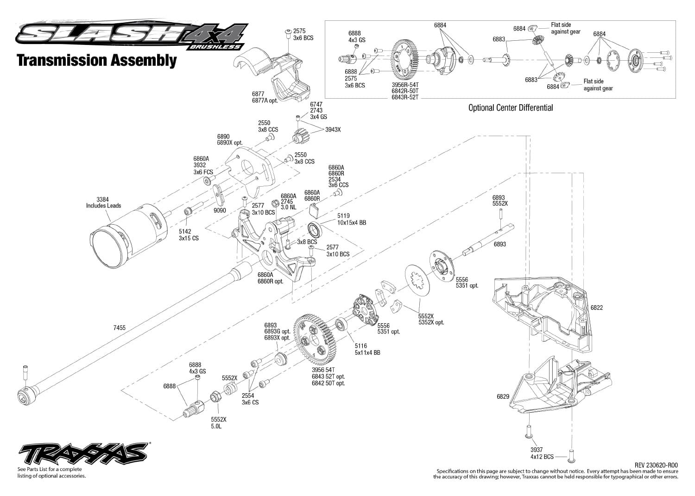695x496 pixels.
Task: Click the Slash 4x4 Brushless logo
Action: (132, 35)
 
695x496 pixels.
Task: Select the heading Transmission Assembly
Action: (97, 61)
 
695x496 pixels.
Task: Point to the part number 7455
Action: (120, 328)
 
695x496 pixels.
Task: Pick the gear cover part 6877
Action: (272, 75)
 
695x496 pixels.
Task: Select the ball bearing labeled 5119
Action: (315, 230)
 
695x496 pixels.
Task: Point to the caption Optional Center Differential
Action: (511, 108)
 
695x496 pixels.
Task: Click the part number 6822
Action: (596, 308)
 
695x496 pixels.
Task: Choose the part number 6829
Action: (503, 396)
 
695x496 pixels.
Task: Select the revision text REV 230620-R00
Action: (656, 465)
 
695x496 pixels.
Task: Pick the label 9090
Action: (220, 210)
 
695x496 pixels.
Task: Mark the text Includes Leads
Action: (104, 206)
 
